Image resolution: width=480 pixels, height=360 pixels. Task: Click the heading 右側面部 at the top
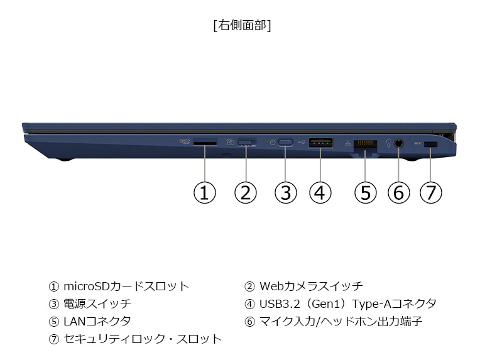242,25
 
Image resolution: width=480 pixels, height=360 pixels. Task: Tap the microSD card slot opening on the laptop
205,143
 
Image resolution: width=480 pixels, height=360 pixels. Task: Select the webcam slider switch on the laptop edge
247,143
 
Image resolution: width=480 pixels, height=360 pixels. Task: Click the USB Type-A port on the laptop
320,143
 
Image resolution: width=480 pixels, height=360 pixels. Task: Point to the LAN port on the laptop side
365,145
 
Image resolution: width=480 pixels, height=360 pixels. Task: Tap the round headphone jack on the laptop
398,143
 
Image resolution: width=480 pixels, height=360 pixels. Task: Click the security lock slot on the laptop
431,144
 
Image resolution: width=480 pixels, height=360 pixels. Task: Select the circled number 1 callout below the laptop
204,193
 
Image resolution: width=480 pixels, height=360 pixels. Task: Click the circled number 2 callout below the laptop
245,193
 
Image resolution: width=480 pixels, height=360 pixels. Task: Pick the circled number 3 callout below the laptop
285,193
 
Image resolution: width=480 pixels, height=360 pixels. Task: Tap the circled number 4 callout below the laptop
320,193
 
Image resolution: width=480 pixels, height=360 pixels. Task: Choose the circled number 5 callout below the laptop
365,193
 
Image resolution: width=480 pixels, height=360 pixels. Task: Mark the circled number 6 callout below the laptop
398,193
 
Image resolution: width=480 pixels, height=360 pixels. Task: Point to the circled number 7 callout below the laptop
431,193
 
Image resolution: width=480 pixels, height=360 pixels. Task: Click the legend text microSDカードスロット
126,286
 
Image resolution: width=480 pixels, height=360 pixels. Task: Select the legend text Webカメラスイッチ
312,286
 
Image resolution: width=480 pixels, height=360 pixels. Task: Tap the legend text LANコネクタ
97,322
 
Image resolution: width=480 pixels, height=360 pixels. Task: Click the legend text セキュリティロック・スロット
143,339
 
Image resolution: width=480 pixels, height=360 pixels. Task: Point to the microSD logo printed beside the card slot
185,141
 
